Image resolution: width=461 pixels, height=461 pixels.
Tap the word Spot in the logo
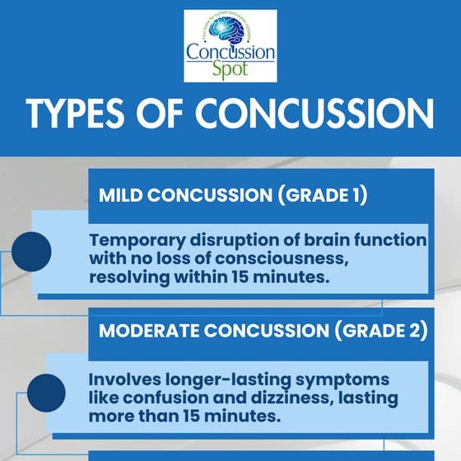tap(230, 71)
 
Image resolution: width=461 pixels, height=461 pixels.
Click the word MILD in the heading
tap(123, 197)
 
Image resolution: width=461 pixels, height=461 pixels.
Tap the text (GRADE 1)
tap(323, 197)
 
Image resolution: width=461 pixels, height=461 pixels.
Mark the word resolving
tap(130, 278)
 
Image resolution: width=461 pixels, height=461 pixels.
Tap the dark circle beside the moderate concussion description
tap(46, 393)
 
